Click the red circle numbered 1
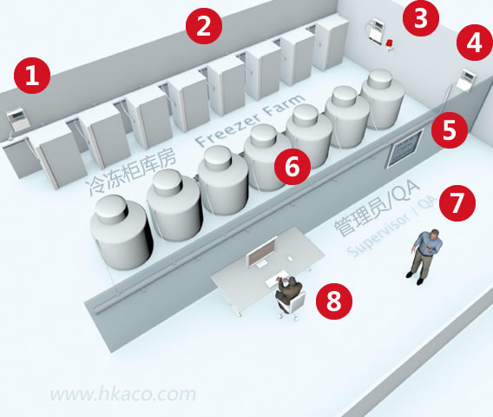click(32, 76)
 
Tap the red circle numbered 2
click(204, 26)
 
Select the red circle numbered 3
click(421, 18)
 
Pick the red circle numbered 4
click(475, 43)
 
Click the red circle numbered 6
click(293, 167)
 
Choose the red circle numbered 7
click(457, 202)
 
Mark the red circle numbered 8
click(334, 301)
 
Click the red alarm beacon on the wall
click(390, 45)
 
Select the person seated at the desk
click(288, 294)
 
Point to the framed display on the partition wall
click(404, 149)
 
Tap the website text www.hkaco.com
click(123, 394)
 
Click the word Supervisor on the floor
click(379, 235)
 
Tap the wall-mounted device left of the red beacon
click(378, 30)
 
